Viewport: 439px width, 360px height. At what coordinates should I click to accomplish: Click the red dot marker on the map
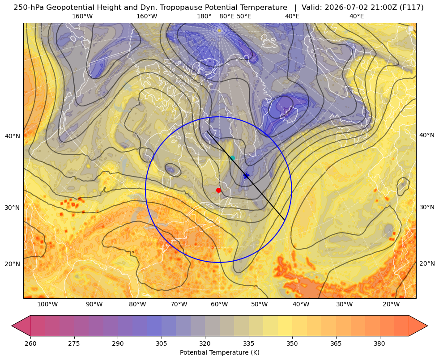click(x=219, y=190)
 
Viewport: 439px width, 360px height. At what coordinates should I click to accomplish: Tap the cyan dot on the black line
click(x=232, y=158)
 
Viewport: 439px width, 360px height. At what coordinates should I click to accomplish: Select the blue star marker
click(x=247, y=176)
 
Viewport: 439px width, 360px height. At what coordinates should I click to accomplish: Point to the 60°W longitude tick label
click(x=219, y=305)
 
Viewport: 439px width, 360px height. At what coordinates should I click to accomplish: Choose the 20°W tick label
click(x=391, y=305)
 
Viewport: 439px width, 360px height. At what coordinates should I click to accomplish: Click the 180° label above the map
click(x=204, y=16)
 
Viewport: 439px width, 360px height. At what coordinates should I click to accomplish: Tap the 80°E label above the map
click(x=226, y=16)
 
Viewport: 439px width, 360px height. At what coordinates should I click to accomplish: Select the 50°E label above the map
click(x=244, y=16)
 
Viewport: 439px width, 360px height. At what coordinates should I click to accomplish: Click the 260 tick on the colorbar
click(x=30, y=343)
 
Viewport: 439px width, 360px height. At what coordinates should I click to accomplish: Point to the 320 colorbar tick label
click(x=205, y=343)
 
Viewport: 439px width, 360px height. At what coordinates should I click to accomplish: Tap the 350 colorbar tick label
click(x=292, y=343)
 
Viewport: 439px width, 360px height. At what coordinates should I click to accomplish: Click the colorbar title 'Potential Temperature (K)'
click(x=219, y=352)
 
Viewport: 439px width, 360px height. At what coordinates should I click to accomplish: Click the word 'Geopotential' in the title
click(x=64, y=8)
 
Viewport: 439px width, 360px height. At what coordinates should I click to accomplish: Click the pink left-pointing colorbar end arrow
click(x=21, y=326)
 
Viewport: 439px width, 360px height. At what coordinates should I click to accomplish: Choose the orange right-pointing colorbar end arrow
click(x=418, y=326)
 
